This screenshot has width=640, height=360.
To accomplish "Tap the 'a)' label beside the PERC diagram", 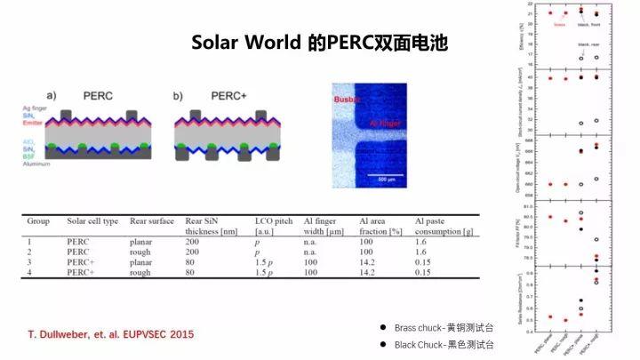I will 52,95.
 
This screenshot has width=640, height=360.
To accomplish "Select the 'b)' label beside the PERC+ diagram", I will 179,95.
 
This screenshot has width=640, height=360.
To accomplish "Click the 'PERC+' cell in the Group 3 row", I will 81,262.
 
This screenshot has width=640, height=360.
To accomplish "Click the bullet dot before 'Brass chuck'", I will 383,328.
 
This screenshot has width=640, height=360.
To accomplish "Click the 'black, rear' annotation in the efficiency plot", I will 587,44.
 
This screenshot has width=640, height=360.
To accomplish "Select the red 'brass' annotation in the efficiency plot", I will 559,25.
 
